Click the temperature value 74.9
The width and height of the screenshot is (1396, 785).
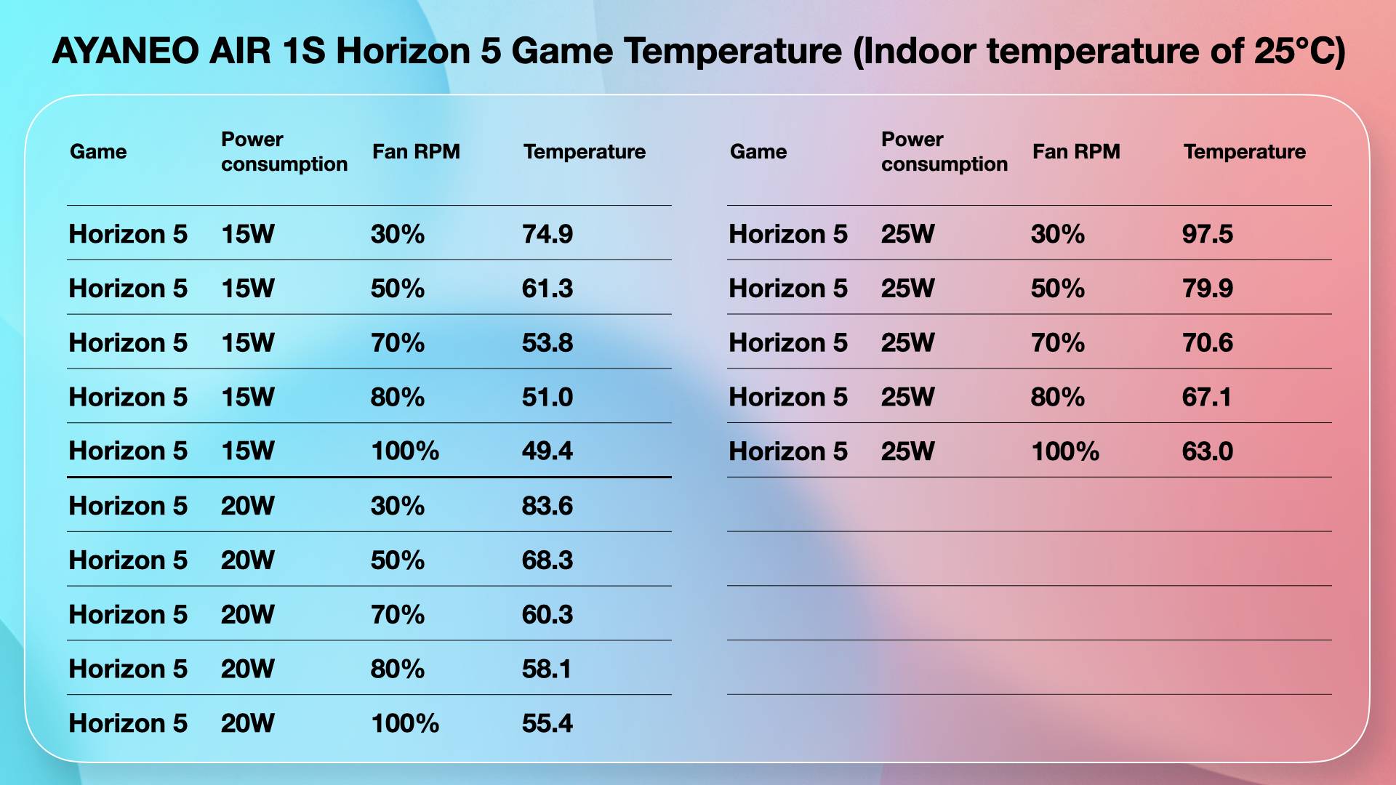click(x=547, y=234)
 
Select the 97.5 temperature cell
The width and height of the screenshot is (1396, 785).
click(x=1208, y=234)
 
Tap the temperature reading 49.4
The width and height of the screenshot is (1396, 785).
click(x=547, y=451)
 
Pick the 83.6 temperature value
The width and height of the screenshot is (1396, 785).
click(x=547, y=506)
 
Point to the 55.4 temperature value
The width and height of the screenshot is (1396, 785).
click(x=547, y=723)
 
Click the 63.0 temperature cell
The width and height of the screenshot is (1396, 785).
click(x=1208, y=451)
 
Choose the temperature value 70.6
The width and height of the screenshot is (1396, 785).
click(x=1208, y=342)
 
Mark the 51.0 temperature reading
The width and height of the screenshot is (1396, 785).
click(x=547, y=397)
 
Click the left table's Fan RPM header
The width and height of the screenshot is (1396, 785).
click(x=416, y=151)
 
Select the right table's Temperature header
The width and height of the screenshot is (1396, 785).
click(x=1245, y=151)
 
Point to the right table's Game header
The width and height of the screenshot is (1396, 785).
click(x=758, y=151)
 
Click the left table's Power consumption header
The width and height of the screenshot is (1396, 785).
click(x=284, y=151)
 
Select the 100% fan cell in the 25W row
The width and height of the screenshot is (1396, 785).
click(x=1065, y=451)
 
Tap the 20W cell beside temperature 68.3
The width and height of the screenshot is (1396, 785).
click(x=248, y=560)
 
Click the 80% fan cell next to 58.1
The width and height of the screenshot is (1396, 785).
click(x=398, y=669)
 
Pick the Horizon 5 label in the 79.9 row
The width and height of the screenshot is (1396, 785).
click(x=788, y=289)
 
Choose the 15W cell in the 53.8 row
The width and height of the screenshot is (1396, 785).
click(x=248, y=342)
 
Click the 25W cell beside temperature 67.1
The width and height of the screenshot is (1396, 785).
click(x=908, y=397)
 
